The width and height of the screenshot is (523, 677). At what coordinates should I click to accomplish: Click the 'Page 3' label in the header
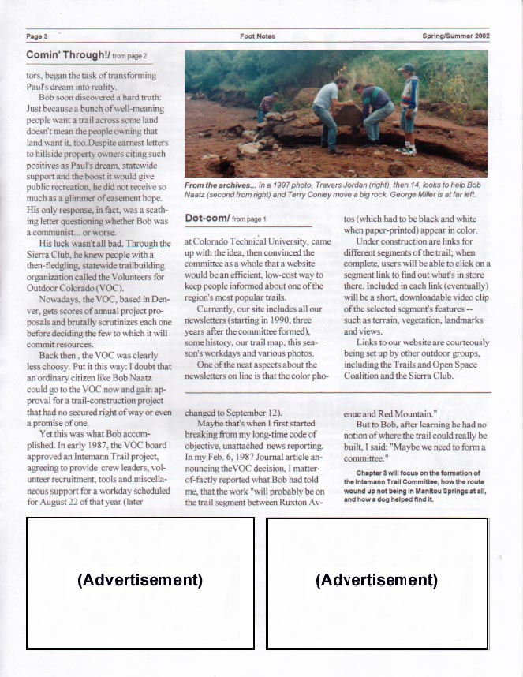click(37, 36)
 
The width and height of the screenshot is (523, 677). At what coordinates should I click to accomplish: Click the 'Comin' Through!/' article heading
click(67, 55)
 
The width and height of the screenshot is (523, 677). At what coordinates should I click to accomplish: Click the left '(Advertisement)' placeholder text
click(140, 580)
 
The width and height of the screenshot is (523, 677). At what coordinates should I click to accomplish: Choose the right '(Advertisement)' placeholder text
click(376, 580)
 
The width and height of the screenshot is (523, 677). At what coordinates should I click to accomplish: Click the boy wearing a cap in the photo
click(407, 107)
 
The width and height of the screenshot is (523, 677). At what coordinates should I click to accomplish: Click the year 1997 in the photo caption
click(284, 184)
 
